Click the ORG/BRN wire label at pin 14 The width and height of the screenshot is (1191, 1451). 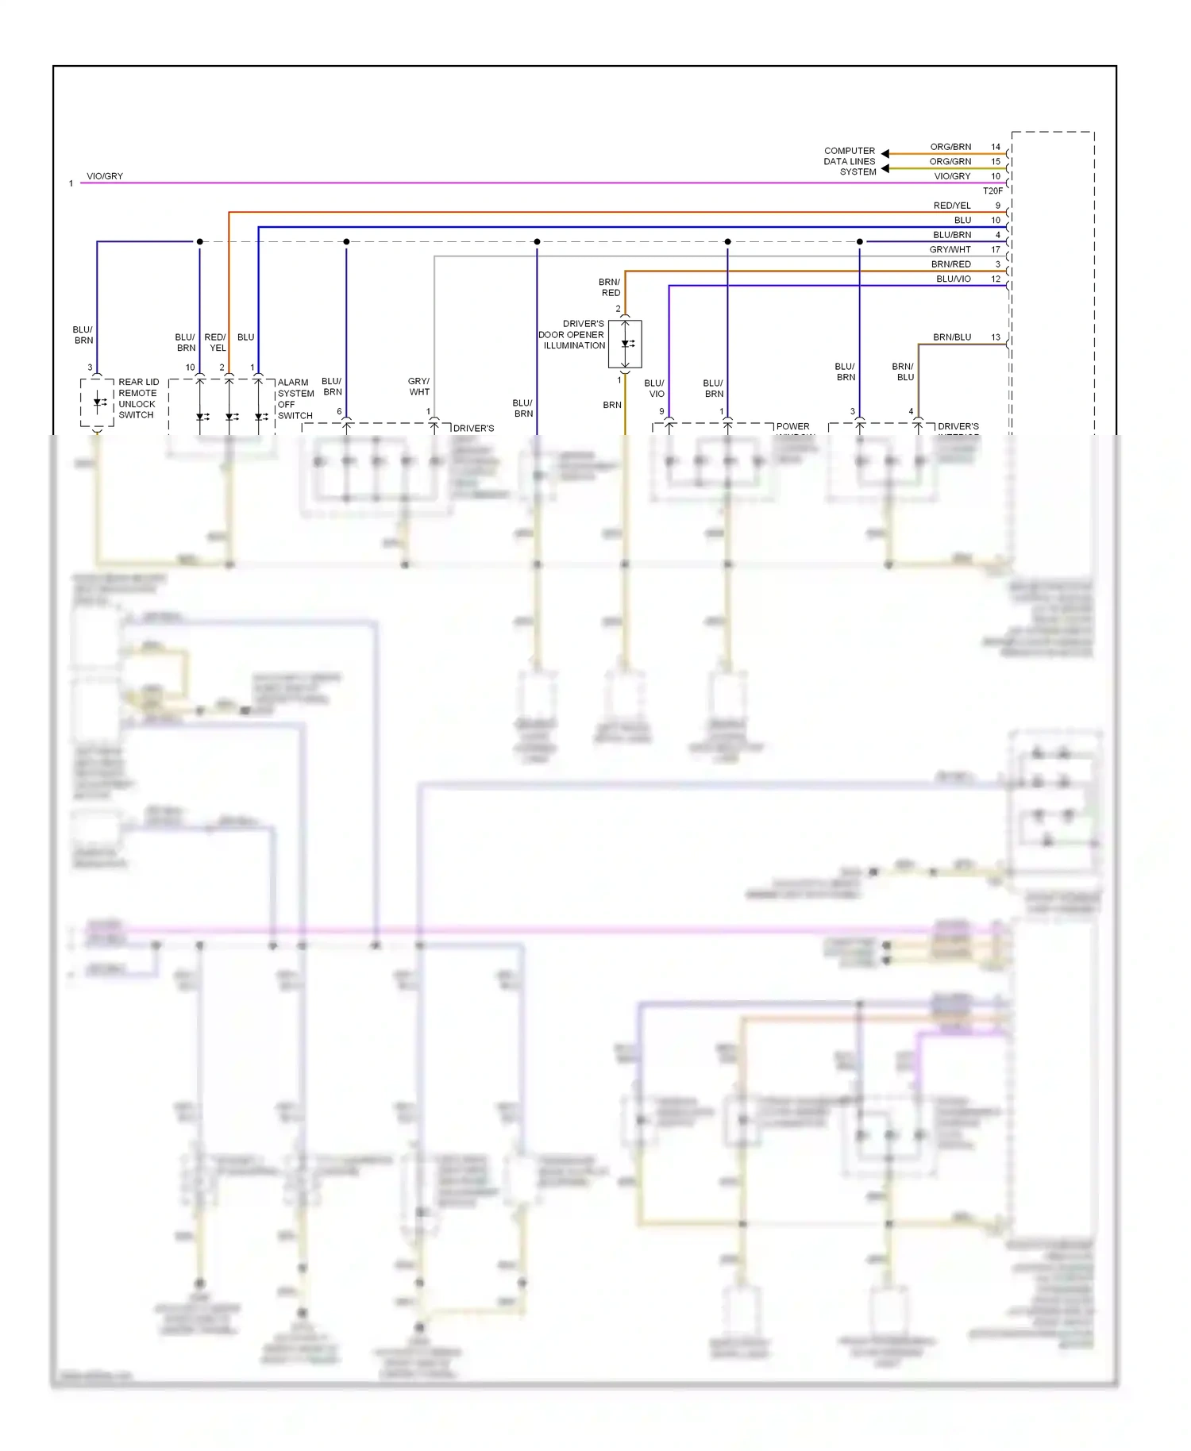(x=950, y=147)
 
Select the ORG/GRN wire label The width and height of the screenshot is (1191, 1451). (x=950, y=161)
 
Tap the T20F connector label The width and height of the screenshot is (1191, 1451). (x=992, y=191)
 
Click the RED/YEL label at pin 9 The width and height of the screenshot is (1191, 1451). (x=951, y=206)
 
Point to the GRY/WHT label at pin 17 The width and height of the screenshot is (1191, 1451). (x=950, y=249)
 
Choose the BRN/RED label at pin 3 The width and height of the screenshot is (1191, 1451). (x=950, y=264)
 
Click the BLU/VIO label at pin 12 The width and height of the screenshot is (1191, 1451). (x=953, y=279)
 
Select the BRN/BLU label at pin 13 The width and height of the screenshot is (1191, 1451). (x=951, y=337)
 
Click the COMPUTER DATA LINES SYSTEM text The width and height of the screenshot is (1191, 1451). (x=850, y=161)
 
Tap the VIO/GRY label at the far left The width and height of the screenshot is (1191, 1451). (x=105, y=176)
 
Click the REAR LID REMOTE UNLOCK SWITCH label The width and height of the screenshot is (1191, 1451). (x=138, y=398)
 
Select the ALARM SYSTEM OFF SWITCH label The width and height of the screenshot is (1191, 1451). (x=295, y=398)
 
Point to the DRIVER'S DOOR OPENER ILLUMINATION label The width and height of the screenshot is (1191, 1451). (x=572, y=335)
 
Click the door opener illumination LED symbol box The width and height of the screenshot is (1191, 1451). (x=625, y=344)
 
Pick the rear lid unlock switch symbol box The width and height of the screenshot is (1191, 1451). (x=97, y=402)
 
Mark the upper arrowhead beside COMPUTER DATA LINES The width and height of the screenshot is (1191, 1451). (x=885, y=154)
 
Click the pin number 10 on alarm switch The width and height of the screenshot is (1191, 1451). (x=190, y=368)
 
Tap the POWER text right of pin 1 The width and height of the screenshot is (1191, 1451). (x=792, y=426)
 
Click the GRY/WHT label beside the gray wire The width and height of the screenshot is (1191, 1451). (x=419, y=387)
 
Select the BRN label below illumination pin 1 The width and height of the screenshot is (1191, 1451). (x=611, y=405)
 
